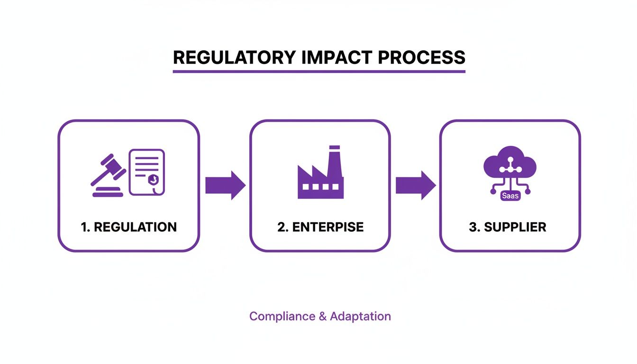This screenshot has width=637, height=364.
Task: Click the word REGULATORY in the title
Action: [233, 57]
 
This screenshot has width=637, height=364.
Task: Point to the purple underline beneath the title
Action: [319, 72]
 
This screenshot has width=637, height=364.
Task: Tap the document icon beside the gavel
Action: [147, 172]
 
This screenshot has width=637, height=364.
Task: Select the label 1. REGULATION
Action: [128, 227]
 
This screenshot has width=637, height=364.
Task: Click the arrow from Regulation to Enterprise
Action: [225, 185]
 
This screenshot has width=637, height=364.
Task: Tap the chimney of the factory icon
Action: [334, 159]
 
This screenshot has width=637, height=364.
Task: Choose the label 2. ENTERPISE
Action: [320, 227]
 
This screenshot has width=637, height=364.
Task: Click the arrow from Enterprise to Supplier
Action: [415, 185]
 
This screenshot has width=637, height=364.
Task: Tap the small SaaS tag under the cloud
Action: [510, 195]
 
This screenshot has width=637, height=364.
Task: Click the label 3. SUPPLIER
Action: [508, 227]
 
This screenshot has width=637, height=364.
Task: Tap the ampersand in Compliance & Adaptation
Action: [322, 316]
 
